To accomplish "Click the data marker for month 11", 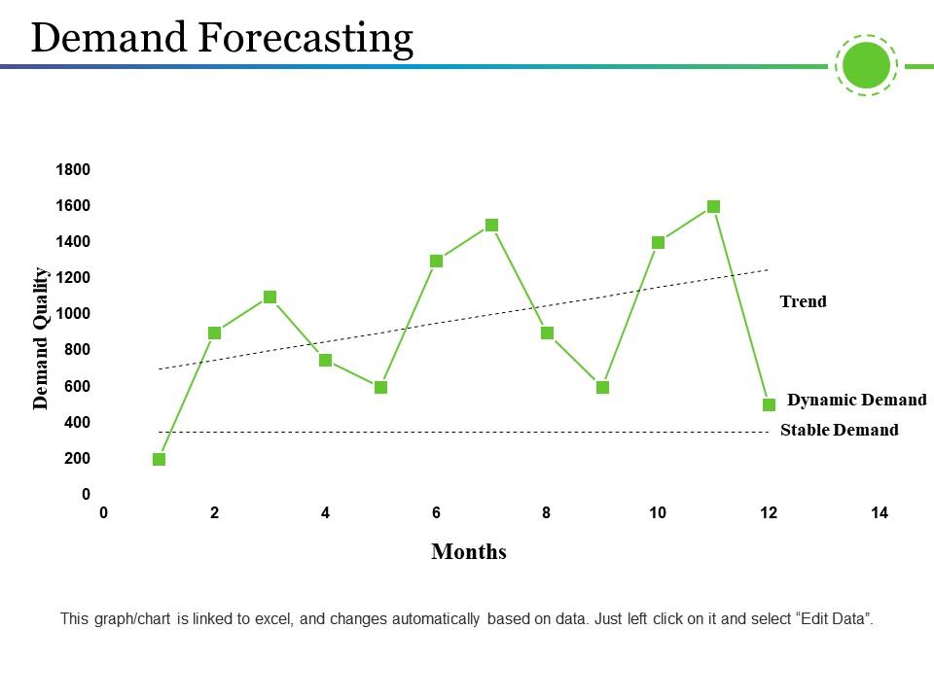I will coord(713,206).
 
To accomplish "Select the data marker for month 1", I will coord(160,459).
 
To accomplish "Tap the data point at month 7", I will coord(491,225).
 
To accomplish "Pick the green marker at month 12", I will coord(769,404).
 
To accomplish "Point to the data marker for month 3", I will coord(270,297).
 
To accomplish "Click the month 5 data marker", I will coord(381,387).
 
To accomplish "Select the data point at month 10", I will coord(658,242).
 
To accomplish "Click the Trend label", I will coord(803,301).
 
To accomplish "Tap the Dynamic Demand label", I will coord(856,400).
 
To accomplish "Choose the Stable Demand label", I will coord(839,430).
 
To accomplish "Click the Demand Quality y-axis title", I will coord(41,337).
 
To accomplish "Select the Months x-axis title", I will coord(468,552).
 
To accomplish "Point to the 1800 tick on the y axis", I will coord(73,169).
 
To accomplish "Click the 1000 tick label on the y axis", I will coord(73,313).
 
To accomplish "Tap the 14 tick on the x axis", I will coord(880,513).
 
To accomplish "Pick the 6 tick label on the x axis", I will coord(436,513).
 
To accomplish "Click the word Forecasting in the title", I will coord(306,38).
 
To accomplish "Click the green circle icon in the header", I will coord(866,66).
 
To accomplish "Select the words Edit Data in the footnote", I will coord(834,618).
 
